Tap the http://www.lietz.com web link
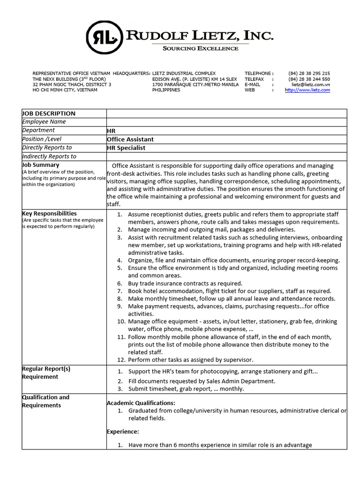(307, 90)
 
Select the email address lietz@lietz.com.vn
(310, 84)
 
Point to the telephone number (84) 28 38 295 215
(309, 74)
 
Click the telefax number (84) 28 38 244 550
(309, 79)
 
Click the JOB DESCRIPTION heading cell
(49, 113)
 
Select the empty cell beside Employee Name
(226, 122)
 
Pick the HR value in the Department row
(111, 131)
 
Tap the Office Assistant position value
(130, 139)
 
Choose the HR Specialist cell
(126, 148)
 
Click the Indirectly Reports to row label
(49, 157)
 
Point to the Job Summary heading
(41, 165)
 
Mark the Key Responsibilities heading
(49, 213)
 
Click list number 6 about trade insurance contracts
(120, 284)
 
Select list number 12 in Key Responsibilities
(121, 360)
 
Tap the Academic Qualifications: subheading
(141, 403)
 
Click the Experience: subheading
(123, 431)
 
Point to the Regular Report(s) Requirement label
(46, 373)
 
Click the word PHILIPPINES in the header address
(166, 90)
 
